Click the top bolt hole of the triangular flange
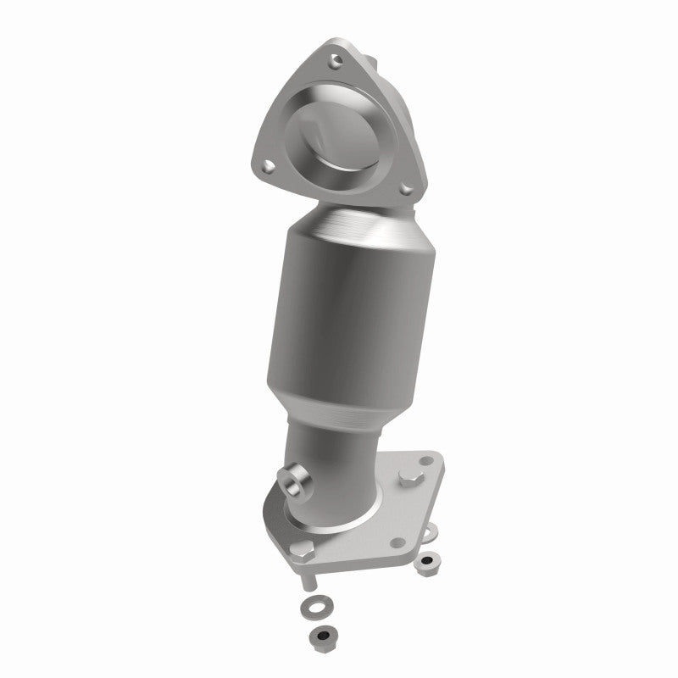coord(337,59)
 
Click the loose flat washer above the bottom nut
coord(316,607)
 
